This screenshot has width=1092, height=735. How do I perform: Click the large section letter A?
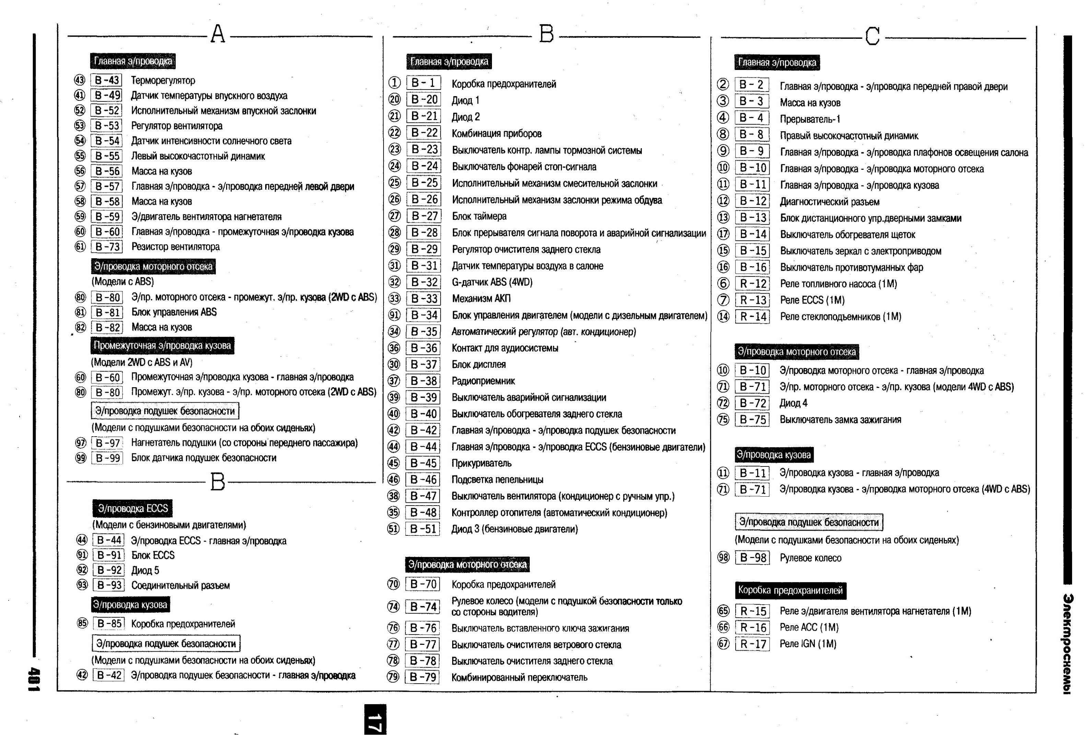pos(218,34)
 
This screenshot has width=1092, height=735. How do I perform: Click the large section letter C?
pos(872,36)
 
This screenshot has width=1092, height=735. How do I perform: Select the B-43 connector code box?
pos(106,80)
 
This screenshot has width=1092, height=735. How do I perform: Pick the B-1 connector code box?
pos(423,83)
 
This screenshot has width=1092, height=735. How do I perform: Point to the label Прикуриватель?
pos(481,463)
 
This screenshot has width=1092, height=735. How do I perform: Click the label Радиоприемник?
pos(483,381)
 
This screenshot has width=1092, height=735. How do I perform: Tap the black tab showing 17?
pos(375,719)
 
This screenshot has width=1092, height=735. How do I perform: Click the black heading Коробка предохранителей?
pos(790,590)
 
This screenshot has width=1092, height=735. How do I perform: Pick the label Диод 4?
pos(793,403)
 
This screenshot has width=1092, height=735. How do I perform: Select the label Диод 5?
pos(145,570)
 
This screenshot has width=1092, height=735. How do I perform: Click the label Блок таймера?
pos(479,216)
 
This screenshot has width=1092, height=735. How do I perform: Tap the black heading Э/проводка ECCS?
pos(133,508)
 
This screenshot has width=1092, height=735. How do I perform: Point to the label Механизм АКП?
pos(481,299)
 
